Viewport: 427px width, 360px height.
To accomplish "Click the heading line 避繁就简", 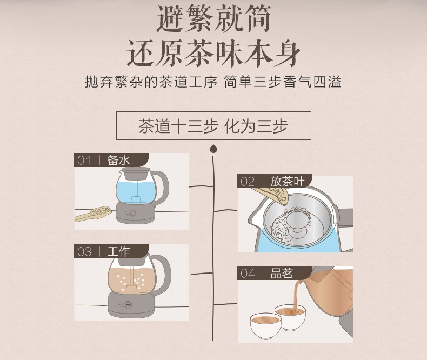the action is coord(214,19).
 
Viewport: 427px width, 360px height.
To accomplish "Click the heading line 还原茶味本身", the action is coord(214,53).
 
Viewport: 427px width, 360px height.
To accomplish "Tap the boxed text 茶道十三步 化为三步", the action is coord(213,126).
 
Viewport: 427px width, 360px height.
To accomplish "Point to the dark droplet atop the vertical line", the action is coord(213,149).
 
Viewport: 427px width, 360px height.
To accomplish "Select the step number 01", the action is coord(84,161).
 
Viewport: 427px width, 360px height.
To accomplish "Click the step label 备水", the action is coord(118,160).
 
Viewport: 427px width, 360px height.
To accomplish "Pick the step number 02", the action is coord(247,182).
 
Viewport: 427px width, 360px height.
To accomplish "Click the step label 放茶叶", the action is coord(287,182).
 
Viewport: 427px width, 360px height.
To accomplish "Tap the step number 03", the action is coord(84,251).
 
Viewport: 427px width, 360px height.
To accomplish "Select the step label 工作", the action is coord(118,251).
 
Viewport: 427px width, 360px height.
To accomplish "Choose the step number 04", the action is coord(248,273).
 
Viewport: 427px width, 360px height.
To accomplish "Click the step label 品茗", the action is coord(282,273).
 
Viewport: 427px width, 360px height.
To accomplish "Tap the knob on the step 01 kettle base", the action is coord(131,213).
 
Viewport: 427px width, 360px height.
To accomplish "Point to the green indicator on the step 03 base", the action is coord(121,305).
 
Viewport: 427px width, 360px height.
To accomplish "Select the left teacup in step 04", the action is coord(265,326).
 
